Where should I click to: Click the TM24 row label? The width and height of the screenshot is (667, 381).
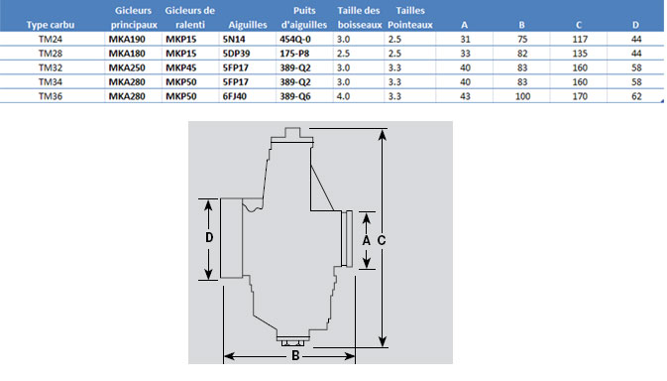(51, 39)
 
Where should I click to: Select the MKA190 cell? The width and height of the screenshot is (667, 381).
(127, 39)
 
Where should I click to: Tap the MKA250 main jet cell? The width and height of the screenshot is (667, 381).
(127, 67)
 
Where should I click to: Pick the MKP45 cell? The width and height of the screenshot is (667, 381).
(181, 67)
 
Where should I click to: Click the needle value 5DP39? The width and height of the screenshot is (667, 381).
(237, 54)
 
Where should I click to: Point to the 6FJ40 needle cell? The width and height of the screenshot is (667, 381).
(235, 96)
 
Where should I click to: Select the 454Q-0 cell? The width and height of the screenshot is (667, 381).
(295, 39)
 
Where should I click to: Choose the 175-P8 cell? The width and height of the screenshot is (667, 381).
(294, 54)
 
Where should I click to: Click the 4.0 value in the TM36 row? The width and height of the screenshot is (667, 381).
(343, 96)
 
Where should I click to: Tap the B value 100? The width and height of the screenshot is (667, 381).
(522, 96)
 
